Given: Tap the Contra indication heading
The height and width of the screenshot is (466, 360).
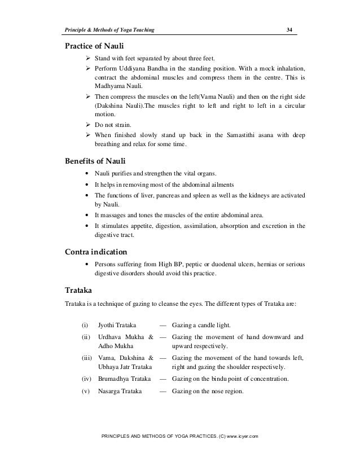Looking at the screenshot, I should (x=96, y=251).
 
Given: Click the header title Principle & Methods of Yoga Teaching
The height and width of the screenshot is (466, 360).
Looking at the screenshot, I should (x=111, y=29).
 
